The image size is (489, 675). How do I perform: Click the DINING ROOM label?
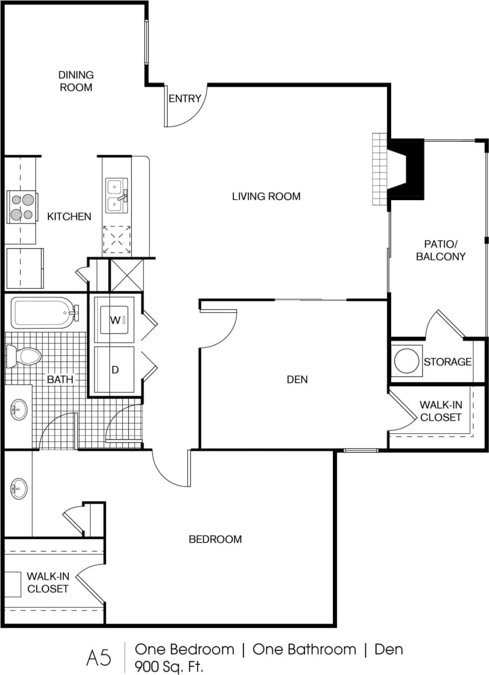coord(76,81)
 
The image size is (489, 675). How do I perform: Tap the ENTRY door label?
coord(184,98)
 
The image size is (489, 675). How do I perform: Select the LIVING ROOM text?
coord(266,196)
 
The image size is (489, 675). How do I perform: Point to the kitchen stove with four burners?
coord(22,206)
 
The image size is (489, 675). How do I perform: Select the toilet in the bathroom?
coord(23,355)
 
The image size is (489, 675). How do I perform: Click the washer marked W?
coord(114,320)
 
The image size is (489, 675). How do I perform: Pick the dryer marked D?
coord(115,369)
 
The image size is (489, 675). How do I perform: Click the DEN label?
coord(297,380)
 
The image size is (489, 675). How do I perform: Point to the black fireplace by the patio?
coord(407,168)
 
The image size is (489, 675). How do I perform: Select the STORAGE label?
coord(447,362)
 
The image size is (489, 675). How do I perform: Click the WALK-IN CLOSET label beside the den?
coord(441,411)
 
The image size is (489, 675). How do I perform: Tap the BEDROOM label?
coord(215,539)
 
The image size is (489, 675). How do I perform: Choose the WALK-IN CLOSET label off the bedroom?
coord(48,582)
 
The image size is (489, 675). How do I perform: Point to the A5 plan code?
coord(99,658)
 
